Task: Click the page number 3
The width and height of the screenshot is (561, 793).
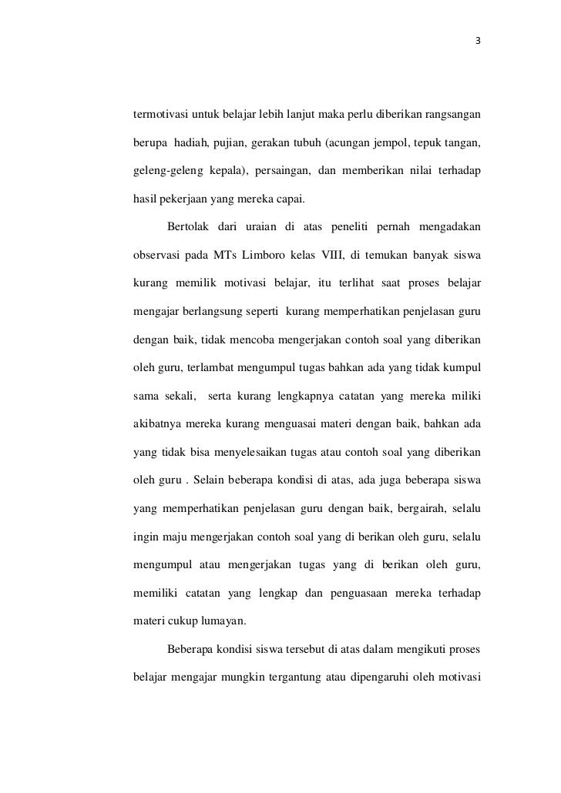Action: coord(478,42)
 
